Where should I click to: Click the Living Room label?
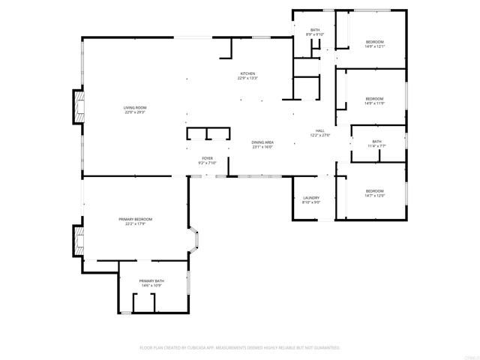135,108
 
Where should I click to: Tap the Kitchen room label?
247,73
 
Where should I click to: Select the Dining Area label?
262,142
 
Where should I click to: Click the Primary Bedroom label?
135,218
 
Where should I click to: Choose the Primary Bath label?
151,281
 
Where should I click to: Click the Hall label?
320,130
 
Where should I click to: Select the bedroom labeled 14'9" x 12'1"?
374,41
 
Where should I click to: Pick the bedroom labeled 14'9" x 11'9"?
374,98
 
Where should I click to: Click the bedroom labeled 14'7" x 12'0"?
374,191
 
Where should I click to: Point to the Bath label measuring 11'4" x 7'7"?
376,142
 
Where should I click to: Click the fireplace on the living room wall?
78,106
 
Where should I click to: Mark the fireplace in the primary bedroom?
78,241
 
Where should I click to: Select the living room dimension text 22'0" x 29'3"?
135,113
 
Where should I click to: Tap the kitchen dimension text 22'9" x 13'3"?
247,79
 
